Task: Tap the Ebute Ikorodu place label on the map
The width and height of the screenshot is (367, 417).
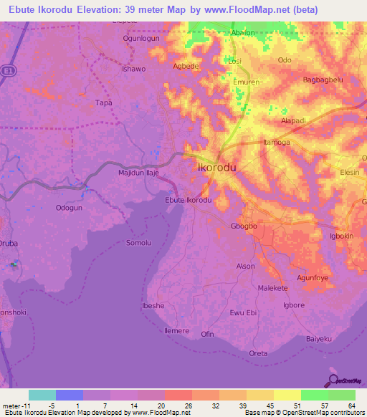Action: [188, 200]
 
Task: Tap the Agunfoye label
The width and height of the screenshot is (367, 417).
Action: [312, 278]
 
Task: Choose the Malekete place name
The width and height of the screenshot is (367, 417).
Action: [272, 288]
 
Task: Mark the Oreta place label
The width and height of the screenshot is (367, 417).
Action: [257, 353]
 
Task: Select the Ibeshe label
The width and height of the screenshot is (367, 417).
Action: [153, 306]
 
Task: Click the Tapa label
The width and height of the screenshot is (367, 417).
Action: [104, 102]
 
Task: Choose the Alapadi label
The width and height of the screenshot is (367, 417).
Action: [294, 121]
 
